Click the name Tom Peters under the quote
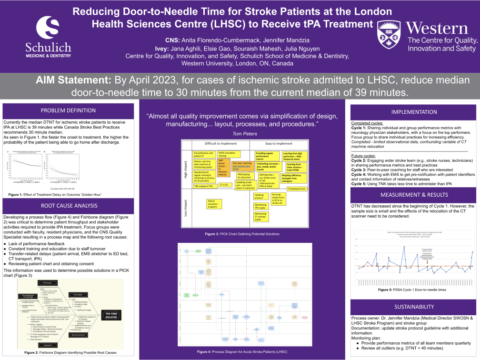coord(243,134)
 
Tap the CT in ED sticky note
coord(224,185)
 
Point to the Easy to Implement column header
coord(279,143)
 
